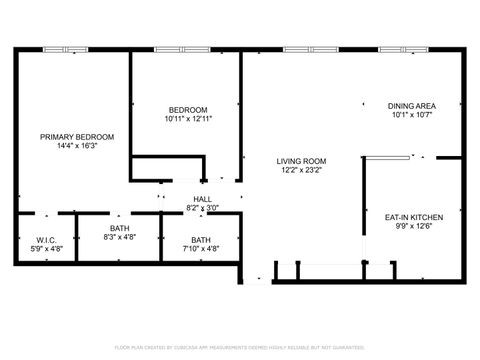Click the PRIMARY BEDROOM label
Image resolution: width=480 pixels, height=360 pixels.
click(x=77, y=137)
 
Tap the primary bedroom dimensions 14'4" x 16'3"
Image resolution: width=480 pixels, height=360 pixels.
click(x=77, y=146)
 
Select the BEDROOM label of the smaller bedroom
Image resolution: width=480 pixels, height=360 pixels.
click(x=187, y=109)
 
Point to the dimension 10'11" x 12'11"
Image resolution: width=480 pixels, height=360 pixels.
click(x=187, y=118)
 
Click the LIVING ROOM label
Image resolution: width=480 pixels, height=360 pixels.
click(x=302, y=161)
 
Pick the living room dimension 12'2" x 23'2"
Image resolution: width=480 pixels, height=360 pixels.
click(x=302, y=170)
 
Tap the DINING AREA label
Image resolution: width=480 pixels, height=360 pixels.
click(x=411, y=105)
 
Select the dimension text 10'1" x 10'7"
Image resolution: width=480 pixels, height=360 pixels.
click(x=411, y=114)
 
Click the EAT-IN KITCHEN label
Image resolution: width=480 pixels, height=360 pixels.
click(x=414, y=216)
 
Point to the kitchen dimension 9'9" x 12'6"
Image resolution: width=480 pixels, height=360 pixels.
click(x=414, y=225)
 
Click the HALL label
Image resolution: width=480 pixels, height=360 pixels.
click(x=202, y=199)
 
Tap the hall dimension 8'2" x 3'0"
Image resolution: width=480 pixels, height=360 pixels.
click(x=202, y=208)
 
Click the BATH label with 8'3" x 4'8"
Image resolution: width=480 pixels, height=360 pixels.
click(x=119, y=229)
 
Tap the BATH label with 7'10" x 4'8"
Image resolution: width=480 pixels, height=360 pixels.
click(x=201, y=239)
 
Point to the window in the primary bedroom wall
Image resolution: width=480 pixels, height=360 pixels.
click(x=62, y=49)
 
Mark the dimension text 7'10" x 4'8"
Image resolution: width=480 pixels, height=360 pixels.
click(x=201, y=248)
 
